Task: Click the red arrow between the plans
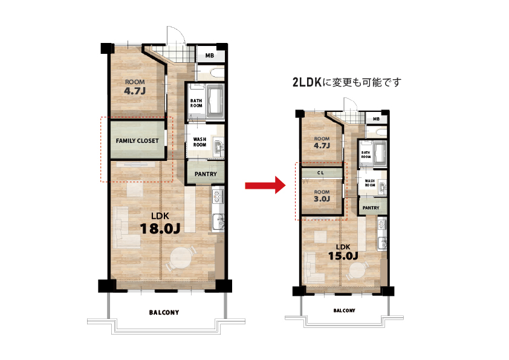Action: (x=265, y=185)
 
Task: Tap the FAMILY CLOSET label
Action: (x=137, y=141)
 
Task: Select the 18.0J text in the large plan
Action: (x=160, y=229)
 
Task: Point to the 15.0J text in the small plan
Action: (x=343, y=256)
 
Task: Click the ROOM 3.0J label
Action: (x=322, y=196)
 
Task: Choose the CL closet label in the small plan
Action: (x=320, y=173)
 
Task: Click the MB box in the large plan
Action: (x=210, y=55)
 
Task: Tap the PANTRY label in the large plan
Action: (x=206, y=174)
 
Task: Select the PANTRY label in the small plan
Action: (x=371, y=208)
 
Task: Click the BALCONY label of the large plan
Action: (x=164, y=313)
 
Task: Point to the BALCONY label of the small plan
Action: (x=345, y=310)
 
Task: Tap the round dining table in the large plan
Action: (x=181, y=258)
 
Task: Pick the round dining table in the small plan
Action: (x=358, y=271)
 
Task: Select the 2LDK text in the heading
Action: (x=306, y=82)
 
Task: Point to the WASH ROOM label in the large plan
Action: (x=199, y=142)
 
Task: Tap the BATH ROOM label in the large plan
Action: (x=196, y=103)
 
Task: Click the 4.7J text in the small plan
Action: (x=322, y=146)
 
